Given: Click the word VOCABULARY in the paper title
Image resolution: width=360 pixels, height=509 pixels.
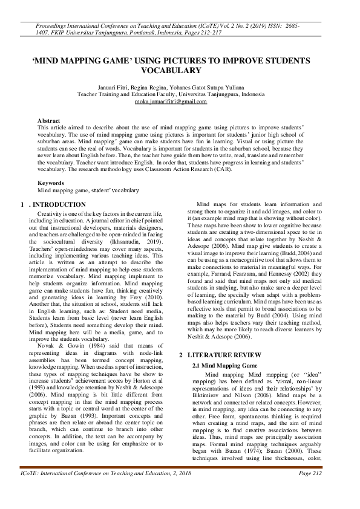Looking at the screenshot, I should pos(179,71).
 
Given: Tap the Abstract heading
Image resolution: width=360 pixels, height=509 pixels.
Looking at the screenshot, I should pos(48,121).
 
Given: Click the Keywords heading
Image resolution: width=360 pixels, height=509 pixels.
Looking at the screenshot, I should pos(51,183).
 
